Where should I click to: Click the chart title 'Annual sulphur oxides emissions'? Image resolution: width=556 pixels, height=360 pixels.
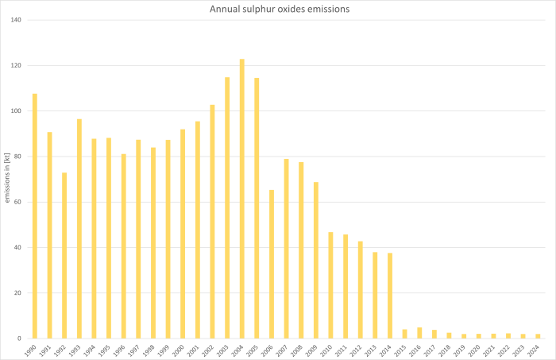(278, 10)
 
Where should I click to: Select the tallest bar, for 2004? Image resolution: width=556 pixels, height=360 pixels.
(241, 199)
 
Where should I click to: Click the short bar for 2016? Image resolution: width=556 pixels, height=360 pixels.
(419, 333)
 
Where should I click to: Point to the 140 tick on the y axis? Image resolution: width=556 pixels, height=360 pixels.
(16, 20)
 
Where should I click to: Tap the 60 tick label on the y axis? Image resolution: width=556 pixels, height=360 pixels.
(17, 202)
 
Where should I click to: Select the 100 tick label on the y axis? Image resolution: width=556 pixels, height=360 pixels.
(16, 110)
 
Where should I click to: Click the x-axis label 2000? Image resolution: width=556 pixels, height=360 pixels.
(181, 349)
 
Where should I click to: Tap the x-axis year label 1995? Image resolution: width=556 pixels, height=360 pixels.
(107, 349)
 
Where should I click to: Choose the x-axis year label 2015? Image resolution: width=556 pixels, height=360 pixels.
(403, 349)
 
